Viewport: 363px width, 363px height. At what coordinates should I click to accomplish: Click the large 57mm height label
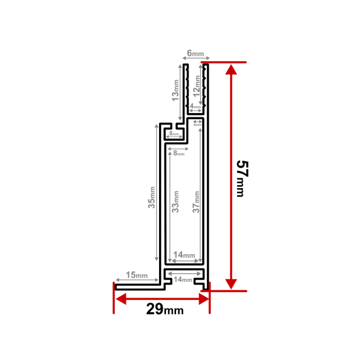240,178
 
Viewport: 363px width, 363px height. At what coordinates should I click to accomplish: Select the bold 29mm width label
164,310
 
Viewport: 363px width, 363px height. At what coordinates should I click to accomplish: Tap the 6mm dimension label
195,54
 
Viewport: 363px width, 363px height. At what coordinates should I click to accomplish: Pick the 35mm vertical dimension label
152,197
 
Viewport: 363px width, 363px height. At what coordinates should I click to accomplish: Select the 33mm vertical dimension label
175,201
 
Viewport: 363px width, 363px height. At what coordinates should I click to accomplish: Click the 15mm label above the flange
137,276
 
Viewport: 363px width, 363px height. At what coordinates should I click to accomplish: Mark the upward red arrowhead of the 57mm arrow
230,70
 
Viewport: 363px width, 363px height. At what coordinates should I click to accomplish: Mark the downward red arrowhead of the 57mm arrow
230,283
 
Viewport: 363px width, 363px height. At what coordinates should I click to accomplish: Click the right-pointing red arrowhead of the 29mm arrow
202,298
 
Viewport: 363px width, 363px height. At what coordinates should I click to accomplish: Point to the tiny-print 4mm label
197,125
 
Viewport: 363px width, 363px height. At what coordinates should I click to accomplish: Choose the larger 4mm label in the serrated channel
195,106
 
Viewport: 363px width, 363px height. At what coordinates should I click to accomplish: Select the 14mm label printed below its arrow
183,280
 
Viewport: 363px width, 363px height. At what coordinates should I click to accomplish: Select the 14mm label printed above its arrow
183,255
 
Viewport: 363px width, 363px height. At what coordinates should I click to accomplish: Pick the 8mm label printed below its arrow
178,154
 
